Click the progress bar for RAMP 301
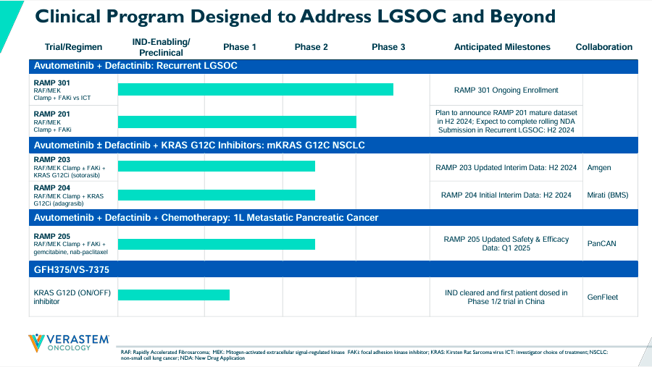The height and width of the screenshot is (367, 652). pyautogui.click(x=256, y=89)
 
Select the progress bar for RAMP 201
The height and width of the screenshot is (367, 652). pyautogui.click(x=237, y=122)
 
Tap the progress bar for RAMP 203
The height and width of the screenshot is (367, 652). pyautogui.click(x=217, y=166)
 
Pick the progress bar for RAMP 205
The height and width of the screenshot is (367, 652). pyautogui.click(x=217, y=244)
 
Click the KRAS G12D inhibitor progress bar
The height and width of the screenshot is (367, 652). pyautogui.click(x=174, y=295)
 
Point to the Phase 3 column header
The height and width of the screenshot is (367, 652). pyautogui.click(x=388, y=47)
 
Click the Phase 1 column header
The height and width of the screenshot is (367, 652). pyautogui.click(x=240, y=47)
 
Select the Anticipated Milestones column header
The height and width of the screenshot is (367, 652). pyautogui.click(x=502, y=47)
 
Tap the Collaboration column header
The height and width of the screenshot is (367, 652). pyautogui.click(x=603, y=47)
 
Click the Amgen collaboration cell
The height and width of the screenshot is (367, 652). pyautogui.click(x=599, y=168)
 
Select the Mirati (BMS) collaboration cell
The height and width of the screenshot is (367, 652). pyautogui.click(x=608, y=195)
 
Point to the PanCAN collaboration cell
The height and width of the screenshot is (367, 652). pyautogui.click(x=601, y=244)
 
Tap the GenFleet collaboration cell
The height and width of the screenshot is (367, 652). pyautogui.click(x=603, y=297)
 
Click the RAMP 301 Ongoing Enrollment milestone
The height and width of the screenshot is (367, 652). pyautogui.click(x=506, y=90)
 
